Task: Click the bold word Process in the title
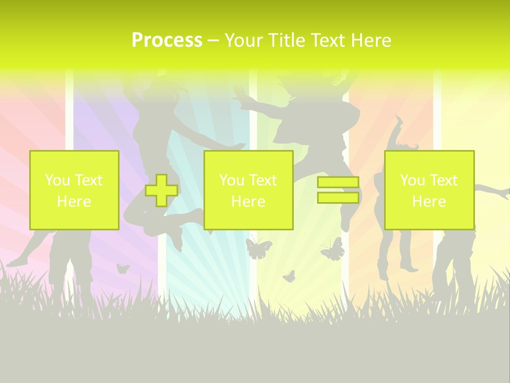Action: pyautogui.click(x=167, y=40)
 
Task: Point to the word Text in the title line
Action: pyautogui.click(x=331, y=40)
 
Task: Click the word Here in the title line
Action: pyautogui.click(x=371, y=40)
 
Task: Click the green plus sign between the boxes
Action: pyautogui.click(x=161, y=190)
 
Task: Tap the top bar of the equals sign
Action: pyautogui.click(x=338, y=182)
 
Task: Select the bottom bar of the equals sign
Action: pyautogui.click(x=338, y=198)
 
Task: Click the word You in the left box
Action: pyautogui.click(x=57, y=180)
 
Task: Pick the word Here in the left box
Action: pyautogui.click(x=74, y=202)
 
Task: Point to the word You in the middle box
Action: pyautogui.click(x=231, y=180)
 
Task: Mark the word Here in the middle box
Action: pyautogui.click(x=248, y=202)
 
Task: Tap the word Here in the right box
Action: pyautogui.click(x=429, y=202)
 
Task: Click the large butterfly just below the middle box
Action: pyautogui.click(x=259, y=248)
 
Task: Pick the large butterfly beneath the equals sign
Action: pyautogui.click(x=333, y=249)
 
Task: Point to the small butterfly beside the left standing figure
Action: pyautogui.click(x=123, y=269)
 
